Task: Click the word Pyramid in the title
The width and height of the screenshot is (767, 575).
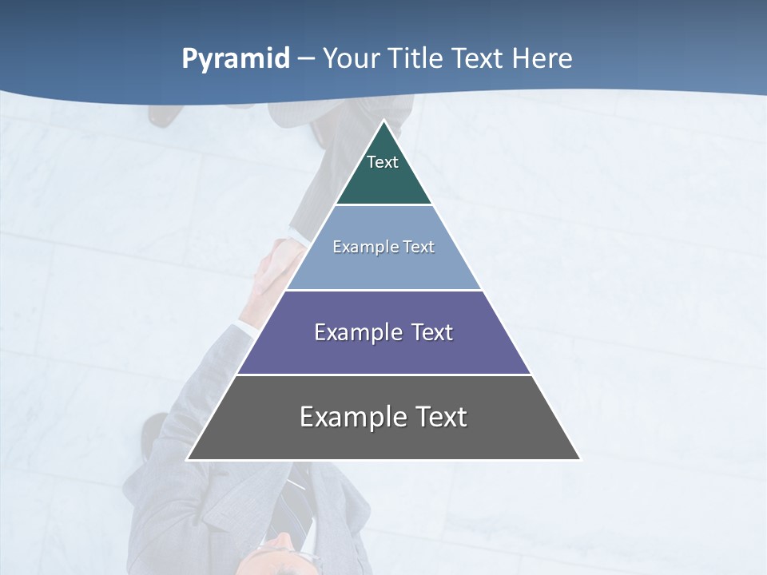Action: click(236, 59)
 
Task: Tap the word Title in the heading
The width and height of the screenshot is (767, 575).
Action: click(416, 59)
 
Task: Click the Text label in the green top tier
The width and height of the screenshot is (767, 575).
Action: click(383, 162)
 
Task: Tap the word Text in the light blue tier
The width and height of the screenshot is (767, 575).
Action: click(419, 247)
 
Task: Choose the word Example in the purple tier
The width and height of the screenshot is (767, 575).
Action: click(356, 332)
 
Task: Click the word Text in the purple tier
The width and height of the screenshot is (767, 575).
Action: click(432, 332)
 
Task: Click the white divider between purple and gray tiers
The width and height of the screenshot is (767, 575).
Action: click(383, 375)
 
